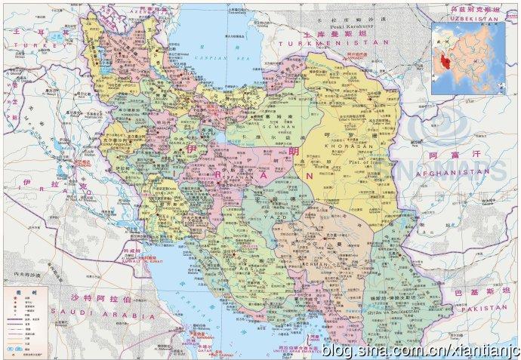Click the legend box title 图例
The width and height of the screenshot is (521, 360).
coord(13,291)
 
